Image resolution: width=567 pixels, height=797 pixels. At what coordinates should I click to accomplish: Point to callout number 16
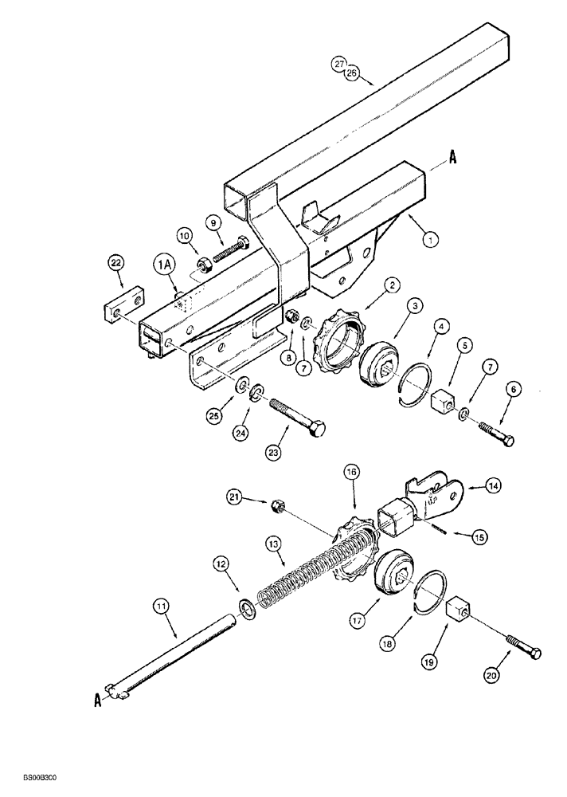(x=352, y=473)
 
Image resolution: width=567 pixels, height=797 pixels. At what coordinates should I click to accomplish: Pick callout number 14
(x=507, y=484)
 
